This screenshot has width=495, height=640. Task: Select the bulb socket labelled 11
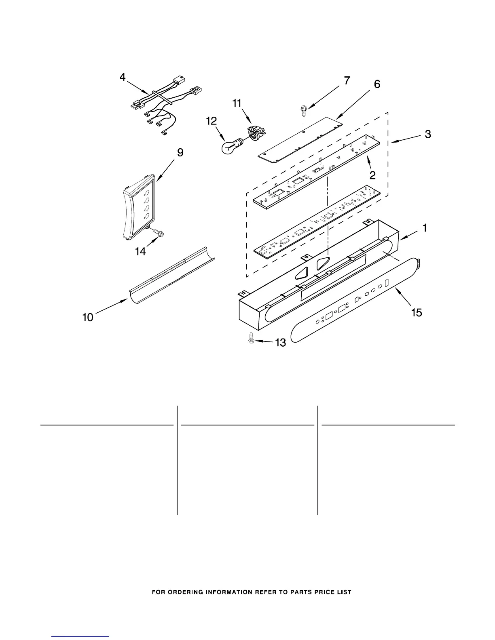[x=254, y=133]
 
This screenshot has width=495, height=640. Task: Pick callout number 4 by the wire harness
[x=123, y=77]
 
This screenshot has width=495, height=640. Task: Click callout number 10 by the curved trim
[x=88, y=317]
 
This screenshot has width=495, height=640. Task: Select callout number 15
[x=416, y=312]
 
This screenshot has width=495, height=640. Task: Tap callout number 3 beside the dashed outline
[x=427, y=134]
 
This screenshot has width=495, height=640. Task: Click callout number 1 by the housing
[x=424, y=228]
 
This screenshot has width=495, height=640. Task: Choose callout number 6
[x=377, y=84]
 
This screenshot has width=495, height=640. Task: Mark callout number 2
[x=372, y=175]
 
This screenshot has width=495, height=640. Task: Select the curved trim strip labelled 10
[x=172, y=275]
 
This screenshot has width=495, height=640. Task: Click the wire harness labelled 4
[x=162, y=107]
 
